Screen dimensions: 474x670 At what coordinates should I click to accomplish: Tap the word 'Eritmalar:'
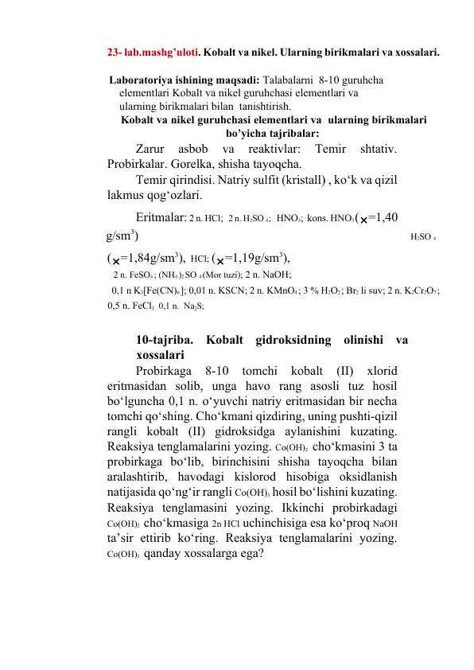[x=161, y=216]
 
